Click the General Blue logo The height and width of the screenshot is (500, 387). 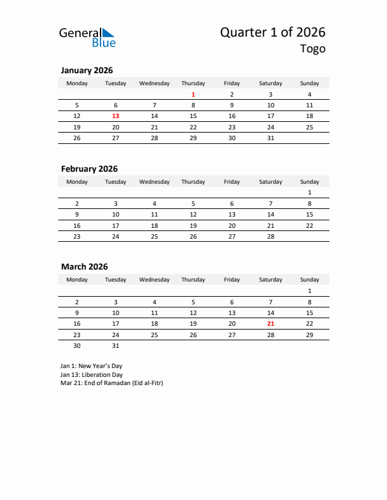[87, 37]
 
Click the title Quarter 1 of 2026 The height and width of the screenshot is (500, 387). [273, 33]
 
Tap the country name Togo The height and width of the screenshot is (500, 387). [313, 49]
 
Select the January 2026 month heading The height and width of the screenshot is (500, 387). [87, 71]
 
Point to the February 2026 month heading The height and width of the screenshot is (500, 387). [89, 169]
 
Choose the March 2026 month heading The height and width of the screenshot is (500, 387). [84, 266]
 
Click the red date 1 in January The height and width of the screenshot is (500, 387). [193, 95]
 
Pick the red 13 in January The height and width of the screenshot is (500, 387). [116, 116]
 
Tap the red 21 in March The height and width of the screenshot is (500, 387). [271, 323]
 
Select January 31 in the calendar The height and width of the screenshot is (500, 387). [271, 138]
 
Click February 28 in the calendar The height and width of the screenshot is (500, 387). [271, 236]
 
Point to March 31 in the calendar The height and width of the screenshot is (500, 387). [116, 345]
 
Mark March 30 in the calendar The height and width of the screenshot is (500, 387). [77, 345]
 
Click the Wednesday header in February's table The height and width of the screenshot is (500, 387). [154, 182]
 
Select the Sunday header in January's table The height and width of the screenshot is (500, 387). [309, 83]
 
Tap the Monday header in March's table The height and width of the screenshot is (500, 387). [77, 280]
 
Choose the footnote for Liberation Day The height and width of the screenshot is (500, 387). [92, 374]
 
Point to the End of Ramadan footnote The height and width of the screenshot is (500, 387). [112, 383]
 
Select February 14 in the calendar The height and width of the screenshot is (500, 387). [271, 215]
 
